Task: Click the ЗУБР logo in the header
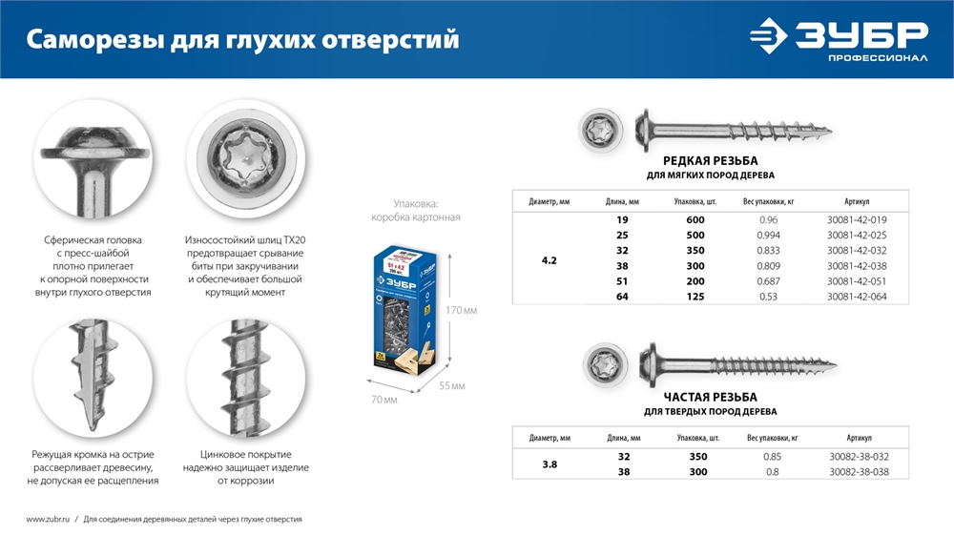[838, 41]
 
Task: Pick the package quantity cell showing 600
[690, 219]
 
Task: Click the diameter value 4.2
[549, 258]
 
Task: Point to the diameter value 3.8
[549, 464]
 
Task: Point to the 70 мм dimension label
[383, 399]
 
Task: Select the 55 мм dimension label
[452, 385]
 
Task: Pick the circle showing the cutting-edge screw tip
[93, 379]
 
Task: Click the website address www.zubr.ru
[46, 519]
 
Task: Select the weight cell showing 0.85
[772, 457]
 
